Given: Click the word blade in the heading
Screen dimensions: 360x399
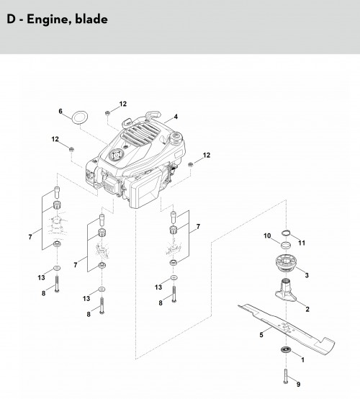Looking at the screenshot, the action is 91,19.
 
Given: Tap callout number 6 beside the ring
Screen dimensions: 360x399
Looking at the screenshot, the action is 60,111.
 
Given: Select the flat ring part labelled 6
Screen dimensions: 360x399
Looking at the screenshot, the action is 81,117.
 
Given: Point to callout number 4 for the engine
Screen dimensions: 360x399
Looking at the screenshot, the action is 176,117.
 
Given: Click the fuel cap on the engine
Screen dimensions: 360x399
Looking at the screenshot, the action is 176,138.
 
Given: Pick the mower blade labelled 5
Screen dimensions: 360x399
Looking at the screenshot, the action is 287,328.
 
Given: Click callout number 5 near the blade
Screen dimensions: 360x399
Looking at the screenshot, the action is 261,335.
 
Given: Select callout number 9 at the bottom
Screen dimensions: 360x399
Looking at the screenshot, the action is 298,385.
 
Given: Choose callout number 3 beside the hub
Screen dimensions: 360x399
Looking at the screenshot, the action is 307,275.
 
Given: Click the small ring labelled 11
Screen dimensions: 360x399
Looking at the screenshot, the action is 287,233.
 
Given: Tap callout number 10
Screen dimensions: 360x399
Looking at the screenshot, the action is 267,236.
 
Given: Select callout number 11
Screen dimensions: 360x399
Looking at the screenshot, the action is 302,243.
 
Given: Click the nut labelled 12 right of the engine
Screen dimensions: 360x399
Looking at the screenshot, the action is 190,165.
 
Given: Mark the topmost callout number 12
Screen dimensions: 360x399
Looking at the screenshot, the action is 123,104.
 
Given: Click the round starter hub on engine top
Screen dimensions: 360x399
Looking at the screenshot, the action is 116,155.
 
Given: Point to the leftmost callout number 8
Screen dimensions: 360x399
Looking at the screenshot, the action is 43,293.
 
